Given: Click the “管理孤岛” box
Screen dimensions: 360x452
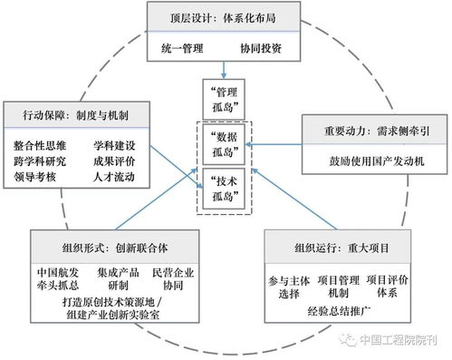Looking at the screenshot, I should click(x=225, y=101).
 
